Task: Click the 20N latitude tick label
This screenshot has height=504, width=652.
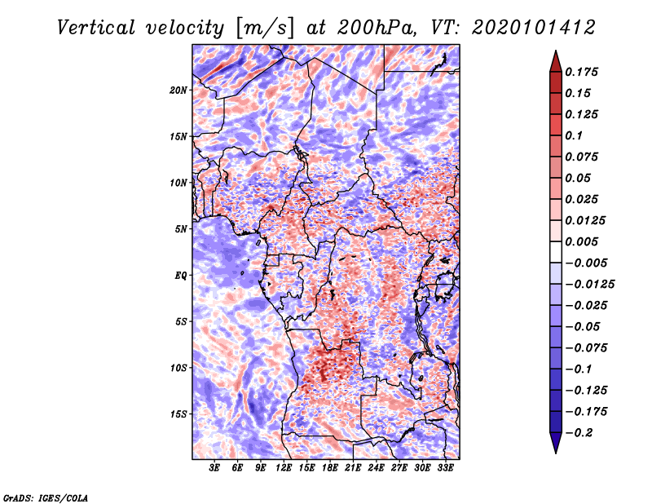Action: click(178, 91)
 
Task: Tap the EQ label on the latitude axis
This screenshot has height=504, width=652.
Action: click(181, 276)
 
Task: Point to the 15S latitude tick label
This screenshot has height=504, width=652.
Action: click(178, 414)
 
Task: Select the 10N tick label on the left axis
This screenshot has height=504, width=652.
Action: click(178, 183)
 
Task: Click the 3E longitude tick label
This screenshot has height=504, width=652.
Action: click(214, 468)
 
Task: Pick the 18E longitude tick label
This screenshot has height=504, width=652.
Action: click(330, 468)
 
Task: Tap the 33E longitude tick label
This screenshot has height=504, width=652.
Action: click(445, 468)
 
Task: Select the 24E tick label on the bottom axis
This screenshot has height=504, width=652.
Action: click(376, 468)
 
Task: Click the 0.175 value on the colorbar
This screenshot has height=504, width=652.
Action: click(581, 72)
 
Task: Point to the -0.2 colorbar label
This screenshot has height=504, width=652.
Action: click(579, 433)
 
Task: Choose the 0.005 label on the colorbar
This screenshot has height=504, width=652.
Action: click(581, 241)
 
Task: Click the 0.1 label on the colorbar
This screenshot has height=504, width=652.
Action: click(574, 135)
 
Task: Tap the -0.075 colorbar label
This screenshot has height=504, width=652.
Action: click(586, 348)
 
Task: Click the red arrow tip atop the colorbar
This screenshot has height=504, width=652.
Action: click(556, 51)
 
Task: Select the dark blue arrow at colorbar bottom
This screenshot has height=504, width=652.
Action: click(556, 443)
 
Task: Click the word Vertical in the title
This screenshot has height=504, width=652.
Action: click(96, 28)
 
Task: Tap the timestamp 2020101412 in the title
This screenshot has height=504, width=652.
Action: click(534, 28)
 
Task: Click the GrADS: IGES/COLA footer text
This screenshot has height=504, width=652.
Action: click(46, 497)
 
